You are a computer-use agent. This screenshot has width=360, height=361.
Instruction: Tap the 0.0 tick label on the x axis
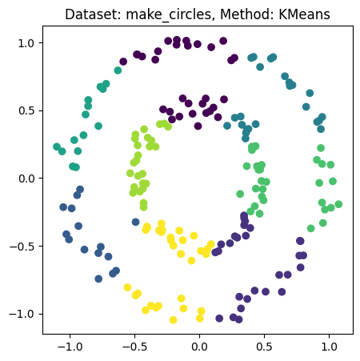click(x=199, y=349)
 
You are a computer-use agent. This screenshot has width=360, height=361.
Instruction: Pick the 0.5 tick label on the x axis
click(x=264, y=349)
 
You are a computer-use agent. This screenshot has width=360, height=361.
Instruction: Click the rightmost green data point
click(x=338, y=204)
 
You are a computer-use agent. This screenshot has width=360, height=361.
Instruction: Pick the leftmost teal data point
click(x=57, y=146)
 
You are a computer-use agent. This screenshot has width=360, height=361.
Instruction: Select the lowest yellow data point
click(x=174, y=319)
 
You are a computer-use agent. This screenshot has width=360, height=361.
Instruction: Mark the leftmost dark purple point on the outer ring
click(x=123, y=62)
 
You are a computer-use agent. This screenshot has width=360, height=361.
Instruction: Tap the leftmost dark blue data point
click(x=63, y=207)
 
